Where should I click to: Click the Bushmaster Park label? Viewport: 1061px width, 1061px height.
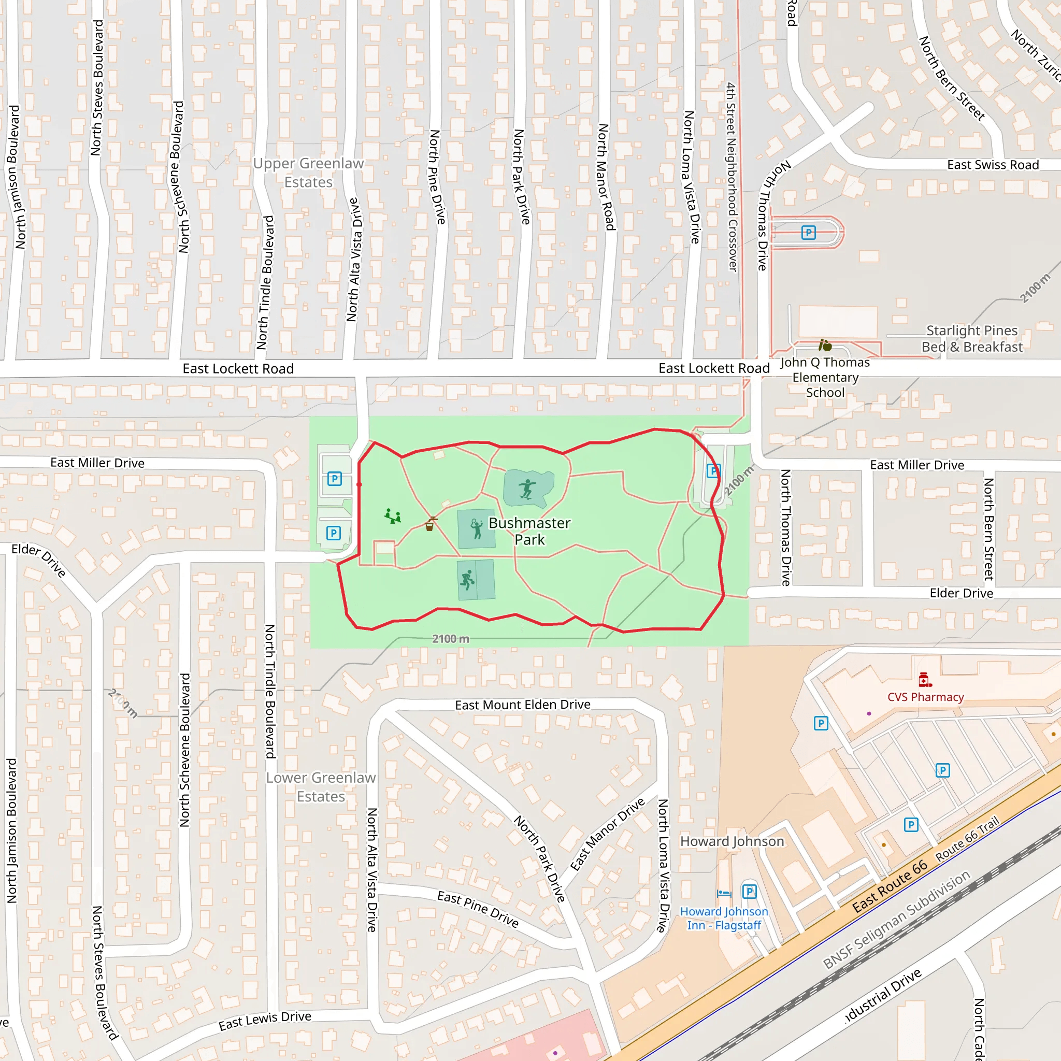pyautogui.click(x=529, y=531)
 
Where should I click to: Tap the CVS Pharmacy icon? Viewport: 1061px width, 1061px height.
pyautogui.click(x=925, y=680)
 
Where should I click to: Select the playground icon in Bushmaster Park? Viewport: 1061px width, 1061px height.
pyautogui.click(x=393, y=516)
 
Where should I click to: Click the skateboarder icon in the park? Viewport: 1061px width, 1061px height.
pyautogui.click(x=527, y=488)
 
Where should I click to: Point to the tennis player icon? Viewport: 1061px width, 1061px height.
pyautogui.click(x=476, y=529)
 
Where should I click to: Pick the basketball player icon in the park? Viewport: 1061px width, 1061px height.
pyautogui.click(x=467, y=579)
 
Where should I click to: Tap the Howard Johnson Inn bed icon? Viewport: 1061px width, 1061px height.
pyautogui.click(x=724, y=894)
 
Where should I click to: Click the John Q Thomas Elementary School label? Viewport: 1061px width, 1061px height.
pyautogui.click(x=825, y=377)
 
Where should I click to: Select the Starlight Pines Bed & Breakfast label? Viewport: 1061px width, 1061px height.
pyautogui.click(x=971, y=339)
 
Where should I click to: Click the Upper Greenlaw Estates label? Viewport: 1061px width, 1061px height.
pyautogui.click(x=308, y=173)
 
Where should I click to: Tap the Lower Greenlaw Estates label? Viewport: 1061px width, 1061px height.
pyautogui.click(x=321, y=787)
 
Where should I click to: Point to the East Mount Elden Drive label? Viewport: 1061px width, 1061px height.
pyautogui.click(x=522, y=705)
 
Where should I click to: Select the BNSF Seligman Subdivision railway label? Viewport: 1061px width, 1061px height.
pyautogui.click(x=896, y=920)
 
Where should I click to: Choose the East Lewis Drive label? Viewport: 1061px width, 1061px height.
pyautogui.click(x=265, y=1021)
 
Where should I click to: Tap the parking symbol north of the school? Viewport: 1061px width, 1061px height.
pyautogui.click(x=808, y=233)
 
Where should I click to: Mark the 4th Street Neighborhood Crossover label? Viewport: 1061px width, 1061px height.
pyautogui.click(x=732, y=177)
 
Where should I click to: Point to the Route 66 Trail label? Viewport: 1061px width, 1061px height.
pyautogui.click(x=967, y=839)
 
